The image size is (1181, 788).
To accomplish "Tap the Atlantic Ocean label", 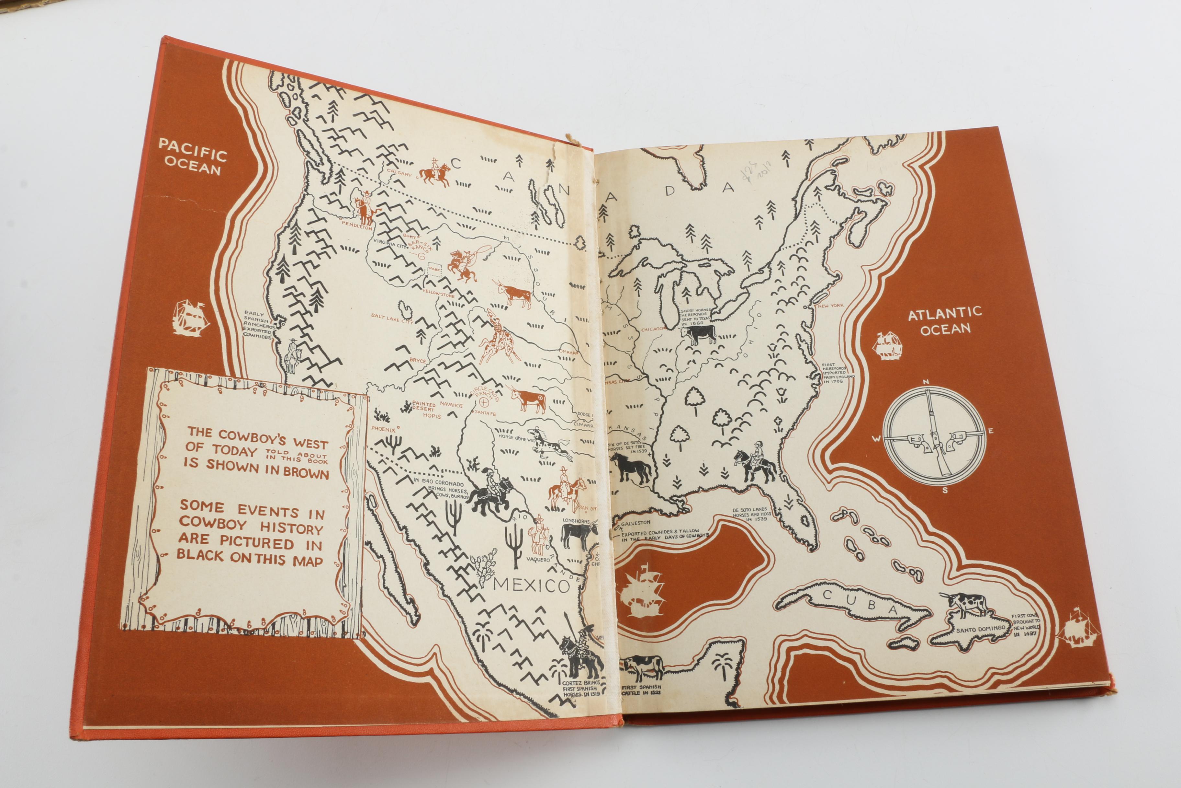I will [944, 321].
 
